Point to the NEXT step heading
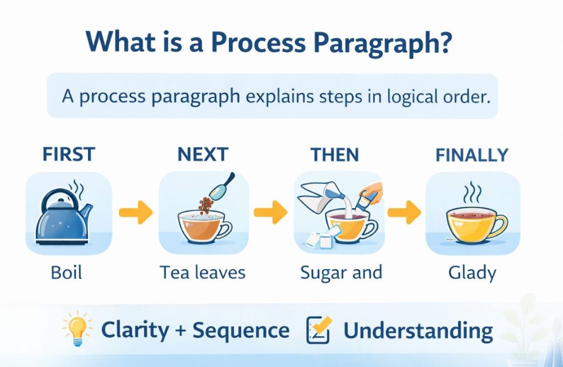tap(202, 155)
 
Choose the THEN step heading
tap(334, 155)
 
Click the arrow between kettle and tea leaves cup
tap(135, 212)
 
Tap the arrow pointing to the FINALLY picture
tap(404, 212)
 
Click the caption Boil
tap(66, 272)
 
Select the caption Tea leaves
tap(202, 272)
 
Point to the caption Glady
tap(472, 272)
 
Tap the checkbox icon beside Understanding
tap(318, 331)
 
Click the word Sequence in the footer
tap(241, 331)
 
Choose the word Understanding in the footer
tap(418, 331)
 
